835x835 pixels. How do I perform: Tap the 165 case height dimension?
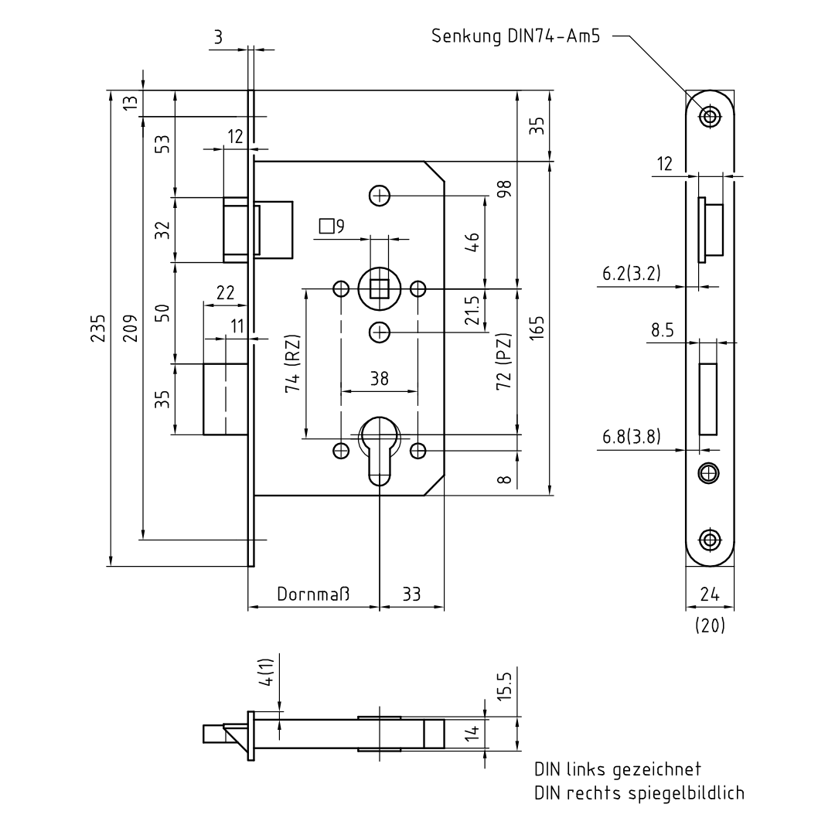539,328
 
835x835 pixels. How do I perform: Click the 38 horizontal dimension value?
379,378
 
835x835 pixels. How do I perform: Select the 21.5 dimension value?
472,311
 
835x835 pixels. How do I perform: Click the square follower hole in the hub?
379,289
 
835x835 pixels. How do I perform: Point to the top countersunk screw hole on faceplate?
709,117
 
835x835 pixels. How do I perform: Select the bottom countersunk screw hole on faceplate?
709,539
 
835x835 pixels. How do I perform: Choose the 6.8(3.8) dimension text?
632,437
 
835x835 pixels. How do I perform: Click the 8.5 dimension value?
663,331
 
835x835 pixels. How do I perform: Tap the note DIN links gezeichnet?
618,770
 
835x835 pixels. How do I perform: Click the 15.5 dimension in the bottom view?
503,686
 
